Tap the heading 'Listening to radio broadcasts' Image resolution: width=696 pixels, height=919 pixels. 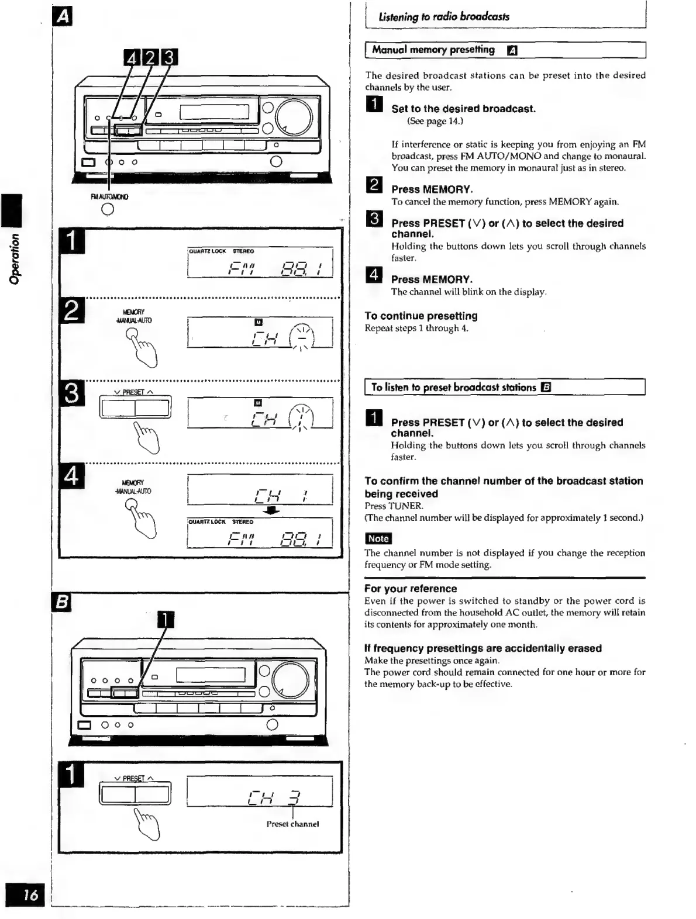coord(443,17)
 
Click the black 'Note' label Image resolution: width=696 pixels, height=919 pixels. coord(378,538)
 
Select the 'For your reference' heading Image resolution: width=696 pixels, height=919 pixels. coord(410,589)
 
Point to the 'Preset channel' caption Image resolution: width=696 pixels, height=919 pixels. coord(292,824)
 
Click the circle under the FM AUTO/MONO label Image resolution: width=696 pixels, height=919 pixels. coord(108,210)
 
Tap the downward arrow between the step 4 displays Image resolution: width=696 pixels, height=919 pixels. coord(272,510)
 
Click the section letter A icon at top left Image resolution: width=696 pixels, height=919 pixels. coord(62,17)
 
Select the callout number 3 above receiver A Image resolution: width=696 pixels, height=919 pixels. coord(169,57)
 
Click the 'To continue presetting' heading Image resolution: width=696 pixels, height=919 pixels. coord(421,316)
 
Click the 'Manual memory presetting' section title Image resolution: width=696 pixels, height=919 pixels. coord(433,50)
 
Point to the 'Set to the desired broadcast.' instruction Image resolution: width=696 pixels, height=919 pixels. coord(463,109)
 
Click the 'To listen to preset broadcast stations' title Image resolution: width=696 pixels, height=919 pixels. coord(453,387)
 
